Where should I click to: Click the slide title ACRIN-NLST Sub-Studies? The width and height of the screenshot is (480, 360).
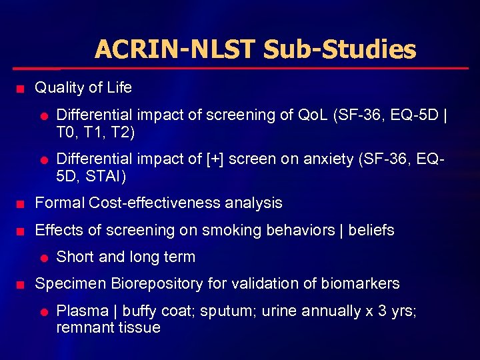click(x=255, y=49)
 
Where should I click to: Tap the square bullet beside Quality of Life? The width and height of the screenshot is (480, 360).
click(x=21, y=89)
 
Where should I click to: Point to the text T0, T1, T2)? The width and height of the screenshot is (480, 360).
click(x=95, y=132)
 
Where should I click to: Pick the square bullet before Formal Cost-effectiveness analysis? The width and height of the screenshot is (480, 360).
click(x=21, y=203)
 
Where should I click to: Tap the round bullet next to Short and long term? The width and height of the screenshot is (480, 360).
click(x=43, y=258)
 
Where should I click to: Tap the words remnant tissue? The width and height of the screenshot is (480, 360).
click(x=108, y=327)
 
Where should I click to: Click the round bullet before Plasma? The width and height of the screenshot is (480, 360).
click(x=43, y=311)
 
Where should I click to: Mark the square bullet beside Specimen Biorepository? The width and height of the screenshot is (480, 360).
click(x=21, y=285)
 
